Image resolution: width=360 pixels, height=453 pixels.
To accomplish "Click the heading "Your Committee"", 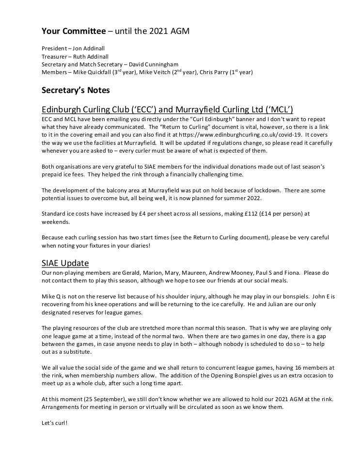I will point(73,31).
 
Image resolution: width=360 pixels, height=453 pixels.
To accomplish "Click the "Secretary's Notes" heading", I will point(76,90).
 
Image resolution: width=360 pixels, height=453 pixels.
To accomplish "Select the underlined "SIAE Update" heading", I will point(65,263).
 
